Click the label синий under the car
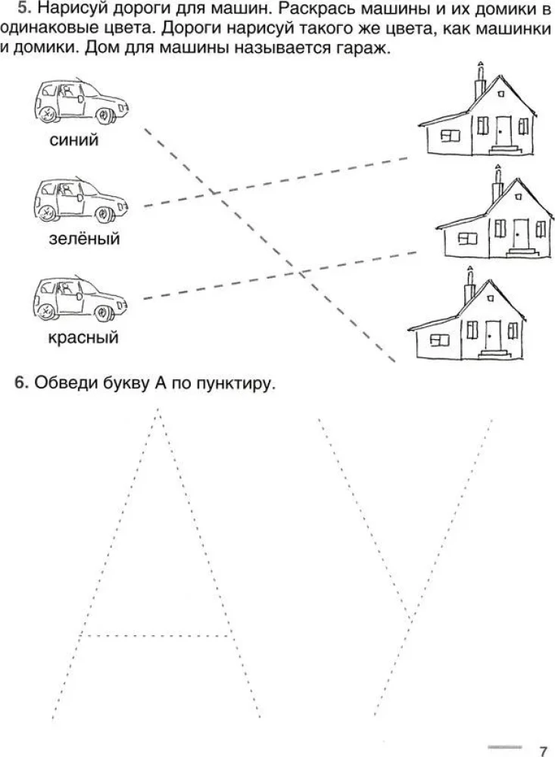73,141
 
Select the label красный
83,338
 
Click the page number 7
543,749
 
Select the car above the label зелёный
81,201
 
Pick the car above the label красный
81,300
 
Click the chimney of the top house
480,83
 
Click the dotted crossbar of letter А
155,634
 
